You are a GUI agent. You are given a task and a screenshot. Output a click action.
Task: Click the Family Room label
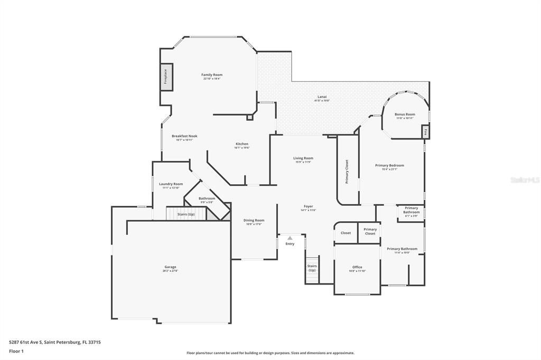[x=211, y=75]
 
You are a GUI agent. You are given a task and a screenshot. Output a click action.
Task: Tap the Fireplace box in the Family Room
[x=165, y=77]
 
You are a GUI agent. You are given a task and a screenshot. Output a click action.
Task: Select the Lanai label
[x=322, y=97]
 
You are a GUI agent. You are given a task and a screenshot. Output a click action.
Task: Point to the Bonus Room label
[x=405, y=115]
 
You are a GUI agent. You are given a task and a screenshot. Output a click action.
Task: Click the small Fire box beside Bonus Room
[x=425, y=132]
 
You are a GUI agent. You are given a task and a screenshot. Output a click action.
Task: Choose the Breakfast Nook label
[x=184, y=136]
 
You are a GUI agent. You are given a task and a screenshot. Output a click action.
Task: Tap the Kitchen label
[x=241, y=144]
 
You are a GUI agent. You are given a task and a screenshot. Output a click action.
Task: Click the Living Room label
[x=303, y=158]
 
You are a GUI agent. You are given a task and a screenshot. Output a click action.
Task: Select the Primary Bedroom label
[x=389, y=166]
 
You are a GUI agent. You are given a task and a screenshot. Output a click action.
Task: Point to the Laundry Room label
[x=171, y=184]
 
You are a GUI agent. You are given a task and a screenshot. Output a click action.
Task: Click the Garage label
[x=170, y=267]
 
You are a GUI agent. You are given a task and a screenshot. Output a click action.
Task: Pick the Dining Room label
[x=254, y=221]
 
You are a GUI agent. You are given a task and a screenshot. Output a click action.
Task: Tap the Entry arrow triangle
[x=290, y=238]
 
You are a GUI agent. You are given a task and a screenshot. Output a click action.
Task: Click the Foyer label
[x=308, y=206]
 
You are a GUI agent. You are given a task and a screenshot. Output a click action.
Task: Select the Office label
[x=357, y=267]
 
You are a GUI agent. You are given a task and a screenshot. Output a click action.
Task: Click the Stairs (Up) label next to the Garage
[x=185, y=214]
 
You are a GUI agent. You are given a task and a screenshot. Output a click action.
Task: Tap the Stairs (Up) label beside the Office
[x=312, y=268]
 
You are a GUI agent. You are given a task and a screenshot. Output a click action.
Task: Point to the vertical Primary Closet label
[x=347, y=172]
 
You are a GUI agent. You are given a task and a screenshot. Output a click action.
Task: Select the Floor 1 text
[x=16, y=351]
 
